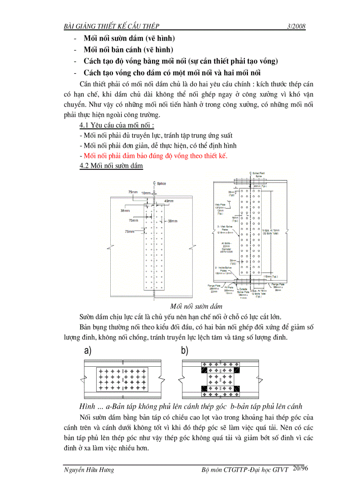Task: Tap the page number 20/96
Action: click(300, 468)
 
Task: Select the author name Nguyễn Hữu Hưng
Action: click(89, 470)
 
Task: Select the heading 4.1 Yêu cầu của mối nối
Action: click(111, 126)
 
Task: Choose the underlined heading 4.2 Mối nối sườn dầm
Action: click(111, 166)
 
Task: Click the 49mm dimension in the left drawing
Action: click(169, 201)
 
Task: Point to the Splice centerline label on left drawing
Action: click(159, 183)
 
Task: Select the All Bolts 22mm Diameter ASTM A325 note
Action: click(225, 248)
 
